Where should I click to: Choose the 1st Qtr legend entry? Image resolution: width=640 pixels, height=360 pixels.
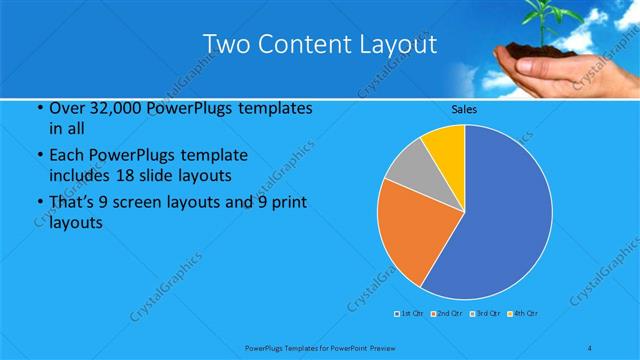pyautogui.click(x=411, y=314)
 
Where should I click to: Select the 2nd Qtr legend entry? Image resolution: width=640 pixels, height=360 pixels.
pyautogui.click(x=447, y=314)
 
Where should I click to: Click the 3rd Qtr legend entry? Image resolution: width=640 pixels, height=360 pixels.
pyautogui.click(x=485, y=314)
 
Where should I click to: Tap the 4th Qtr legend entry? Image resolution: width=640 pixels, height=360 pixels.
pyautogui.click(x=523, y=314)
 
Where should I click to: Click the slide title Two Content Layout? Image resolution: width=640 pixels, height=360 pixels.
pyautogui.click(x=319, y=44)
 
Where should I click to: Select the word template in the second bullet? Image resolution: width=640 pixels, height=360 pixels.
pyautogui.click(x=219, y=156)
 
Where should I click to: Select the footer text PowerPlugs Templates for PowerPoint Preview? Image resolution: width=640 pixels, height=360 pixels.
pyautogui.click(x=320, y=347)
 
